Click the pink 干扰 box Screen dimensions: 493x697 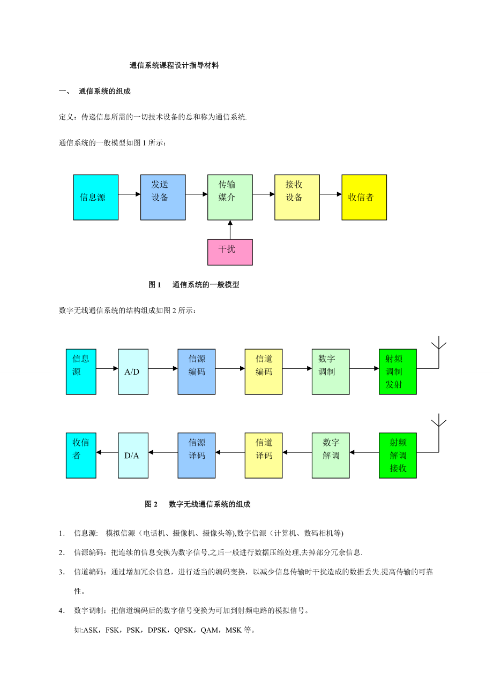click(230, 252)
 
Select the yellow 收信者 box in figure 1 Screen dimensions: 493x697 click(364, 198)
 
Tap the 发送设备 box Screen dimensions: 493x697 click(163, 198)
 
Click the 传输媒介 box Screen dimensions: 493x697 click(230, 198)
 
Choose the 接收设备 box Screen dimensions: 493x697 click(297, 198)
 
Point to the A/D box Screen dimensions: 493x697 click(133, 372)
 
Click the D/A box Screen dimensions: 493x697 click(133, 455)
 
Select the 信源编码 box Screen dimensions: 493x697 click(197, 372)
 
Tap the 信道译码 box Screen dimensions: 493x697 click(264, 455)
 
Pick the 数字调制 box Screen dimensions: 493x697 click(331, 372)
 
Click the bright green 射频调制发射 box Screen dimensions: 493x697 click(398, 372)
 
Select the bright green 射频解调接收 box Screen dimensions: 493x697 click(398, 455)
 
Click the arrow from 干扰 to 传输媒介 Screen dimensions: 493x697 click(230, 230)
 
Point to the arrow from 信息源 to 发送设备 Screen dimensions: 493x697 click(129, 194)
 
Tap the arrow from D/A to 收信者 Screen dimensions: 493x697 click(107, 452)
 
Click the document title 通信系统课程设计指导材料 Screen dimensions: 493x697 click(174, 65)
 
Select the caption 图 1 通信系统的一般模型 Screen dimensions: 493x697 click(193, 284)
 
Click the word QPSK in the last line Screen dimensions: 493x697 click(183, 630)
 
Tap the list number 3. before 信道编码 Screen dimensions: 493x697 click(62, 572)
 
